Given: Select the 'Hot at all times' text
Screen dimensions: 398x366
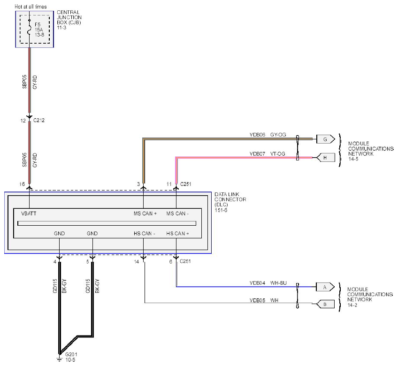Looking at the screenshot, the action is tap(31, 7).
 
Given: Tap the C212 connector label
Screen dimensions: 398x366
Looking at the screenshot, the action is tap(39, 120).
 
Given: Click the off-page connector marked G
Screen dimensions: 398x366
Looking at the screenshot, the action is tap(326, 139).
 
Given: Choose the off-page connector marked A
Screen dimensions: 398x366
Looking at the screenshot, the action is tap(325, 287).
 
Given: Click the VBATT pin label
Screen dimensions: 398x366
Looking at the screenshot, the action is tap(29, 213).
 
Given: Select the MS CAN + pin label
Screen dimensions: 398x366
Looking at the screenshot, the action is tap(145, 213).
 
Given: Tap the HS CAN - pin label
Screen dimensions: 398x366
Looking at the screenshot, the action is tap(145, 233).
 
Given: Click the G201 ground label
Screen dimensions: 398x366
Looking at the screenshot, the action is tap(71, 354).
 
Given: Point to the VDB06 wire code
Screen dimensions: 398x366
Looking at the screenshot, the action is tap(257, 135).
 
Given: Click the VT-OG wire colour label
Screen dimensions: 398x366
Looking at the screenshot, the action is tap(278, 153).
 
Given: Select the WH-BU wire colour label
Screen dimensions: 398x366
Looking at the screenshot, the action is tap(278, 283).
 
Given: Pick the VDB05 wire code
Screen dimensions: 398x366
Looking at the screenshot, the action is tap(257, 300).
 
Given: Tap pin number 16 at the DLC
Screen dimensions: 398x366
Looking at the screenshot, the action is tap(23, 184).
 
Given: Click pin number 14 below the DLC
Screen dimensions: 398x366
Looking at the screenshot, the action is tap(137, 261).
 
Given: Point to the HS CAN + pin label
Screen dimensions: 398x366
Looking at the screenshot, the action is tap(178, 233).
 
